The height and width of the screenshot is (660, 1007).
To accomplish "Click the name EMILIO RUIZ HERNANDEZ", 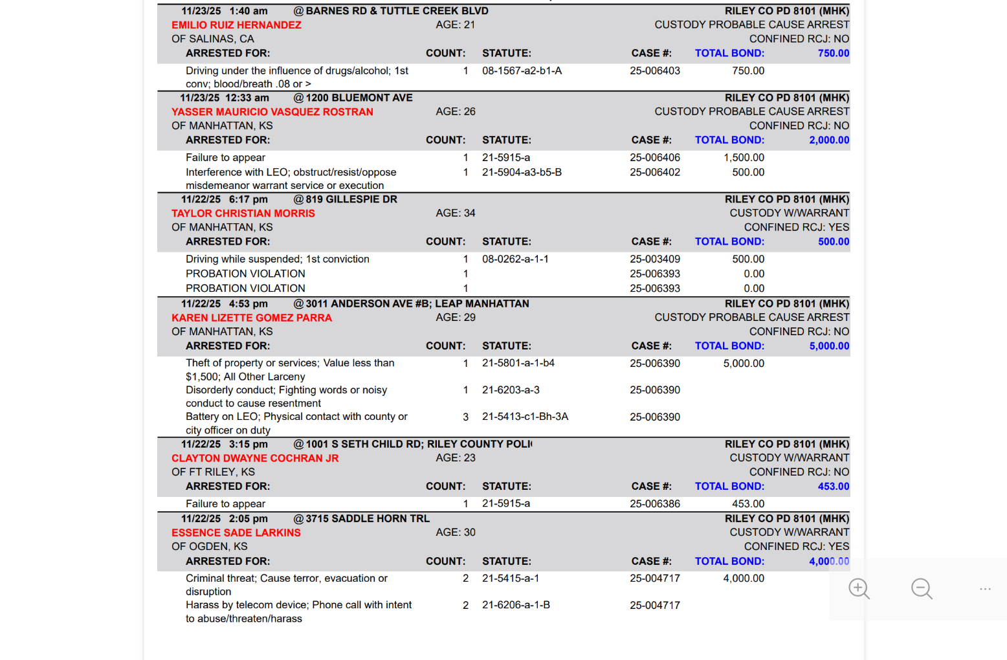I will pos(236,25).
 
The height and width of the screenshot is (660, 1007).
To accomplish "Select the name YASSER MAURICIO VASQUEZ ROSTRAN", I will pos(272,112).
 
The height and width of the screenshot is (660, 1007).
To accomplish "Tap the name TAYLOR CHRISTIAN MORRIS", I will pos(243,214).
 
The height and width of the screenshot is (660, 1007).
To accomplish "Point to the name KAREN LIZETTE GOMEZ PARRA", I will pos(251,318).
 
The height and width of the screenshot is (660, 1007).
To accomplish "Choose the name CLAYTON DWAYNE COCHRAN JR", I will pos(254,458).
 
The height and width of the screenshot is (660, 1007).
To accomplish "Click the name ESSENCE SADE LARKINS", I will pos(236,533).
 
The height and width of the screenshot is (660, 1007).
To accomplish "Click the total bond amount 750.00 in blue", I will pos(833,53).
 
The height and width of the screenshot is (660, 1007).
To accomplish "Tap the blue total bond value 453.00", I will pos(833,487).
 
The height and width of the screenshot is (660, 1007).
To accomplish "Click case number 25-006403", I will pos(654,71).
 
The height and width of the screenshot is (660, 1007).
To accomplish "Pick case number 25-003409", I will pos(654,259).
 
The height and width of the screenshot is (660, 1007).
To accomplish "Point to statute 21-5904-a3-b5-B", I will pos(522,172).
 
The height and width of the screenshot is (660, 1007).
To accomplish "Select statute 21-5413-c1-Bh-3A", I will pos(525,417).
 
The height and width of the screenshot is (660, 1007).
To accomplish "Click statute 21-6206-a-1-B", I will pos(516,605).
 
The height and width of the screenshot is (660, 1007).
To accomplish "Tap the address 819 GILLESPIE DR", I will pos(351,199).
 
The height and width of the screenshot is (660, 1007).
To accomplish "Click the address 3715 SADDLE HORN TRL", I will pos(368,518).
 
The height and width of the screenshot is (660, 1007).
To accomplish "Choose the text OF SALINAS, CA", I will pos(212,39).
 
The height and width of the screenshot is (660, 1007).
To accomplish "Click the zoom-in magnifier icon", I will pos(859,589).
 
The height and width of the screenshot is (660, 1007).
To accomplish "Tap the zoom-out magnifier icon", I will pos(922,589).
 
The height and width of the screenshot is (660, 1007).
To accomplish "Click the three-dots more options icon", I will pos(985,589).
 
